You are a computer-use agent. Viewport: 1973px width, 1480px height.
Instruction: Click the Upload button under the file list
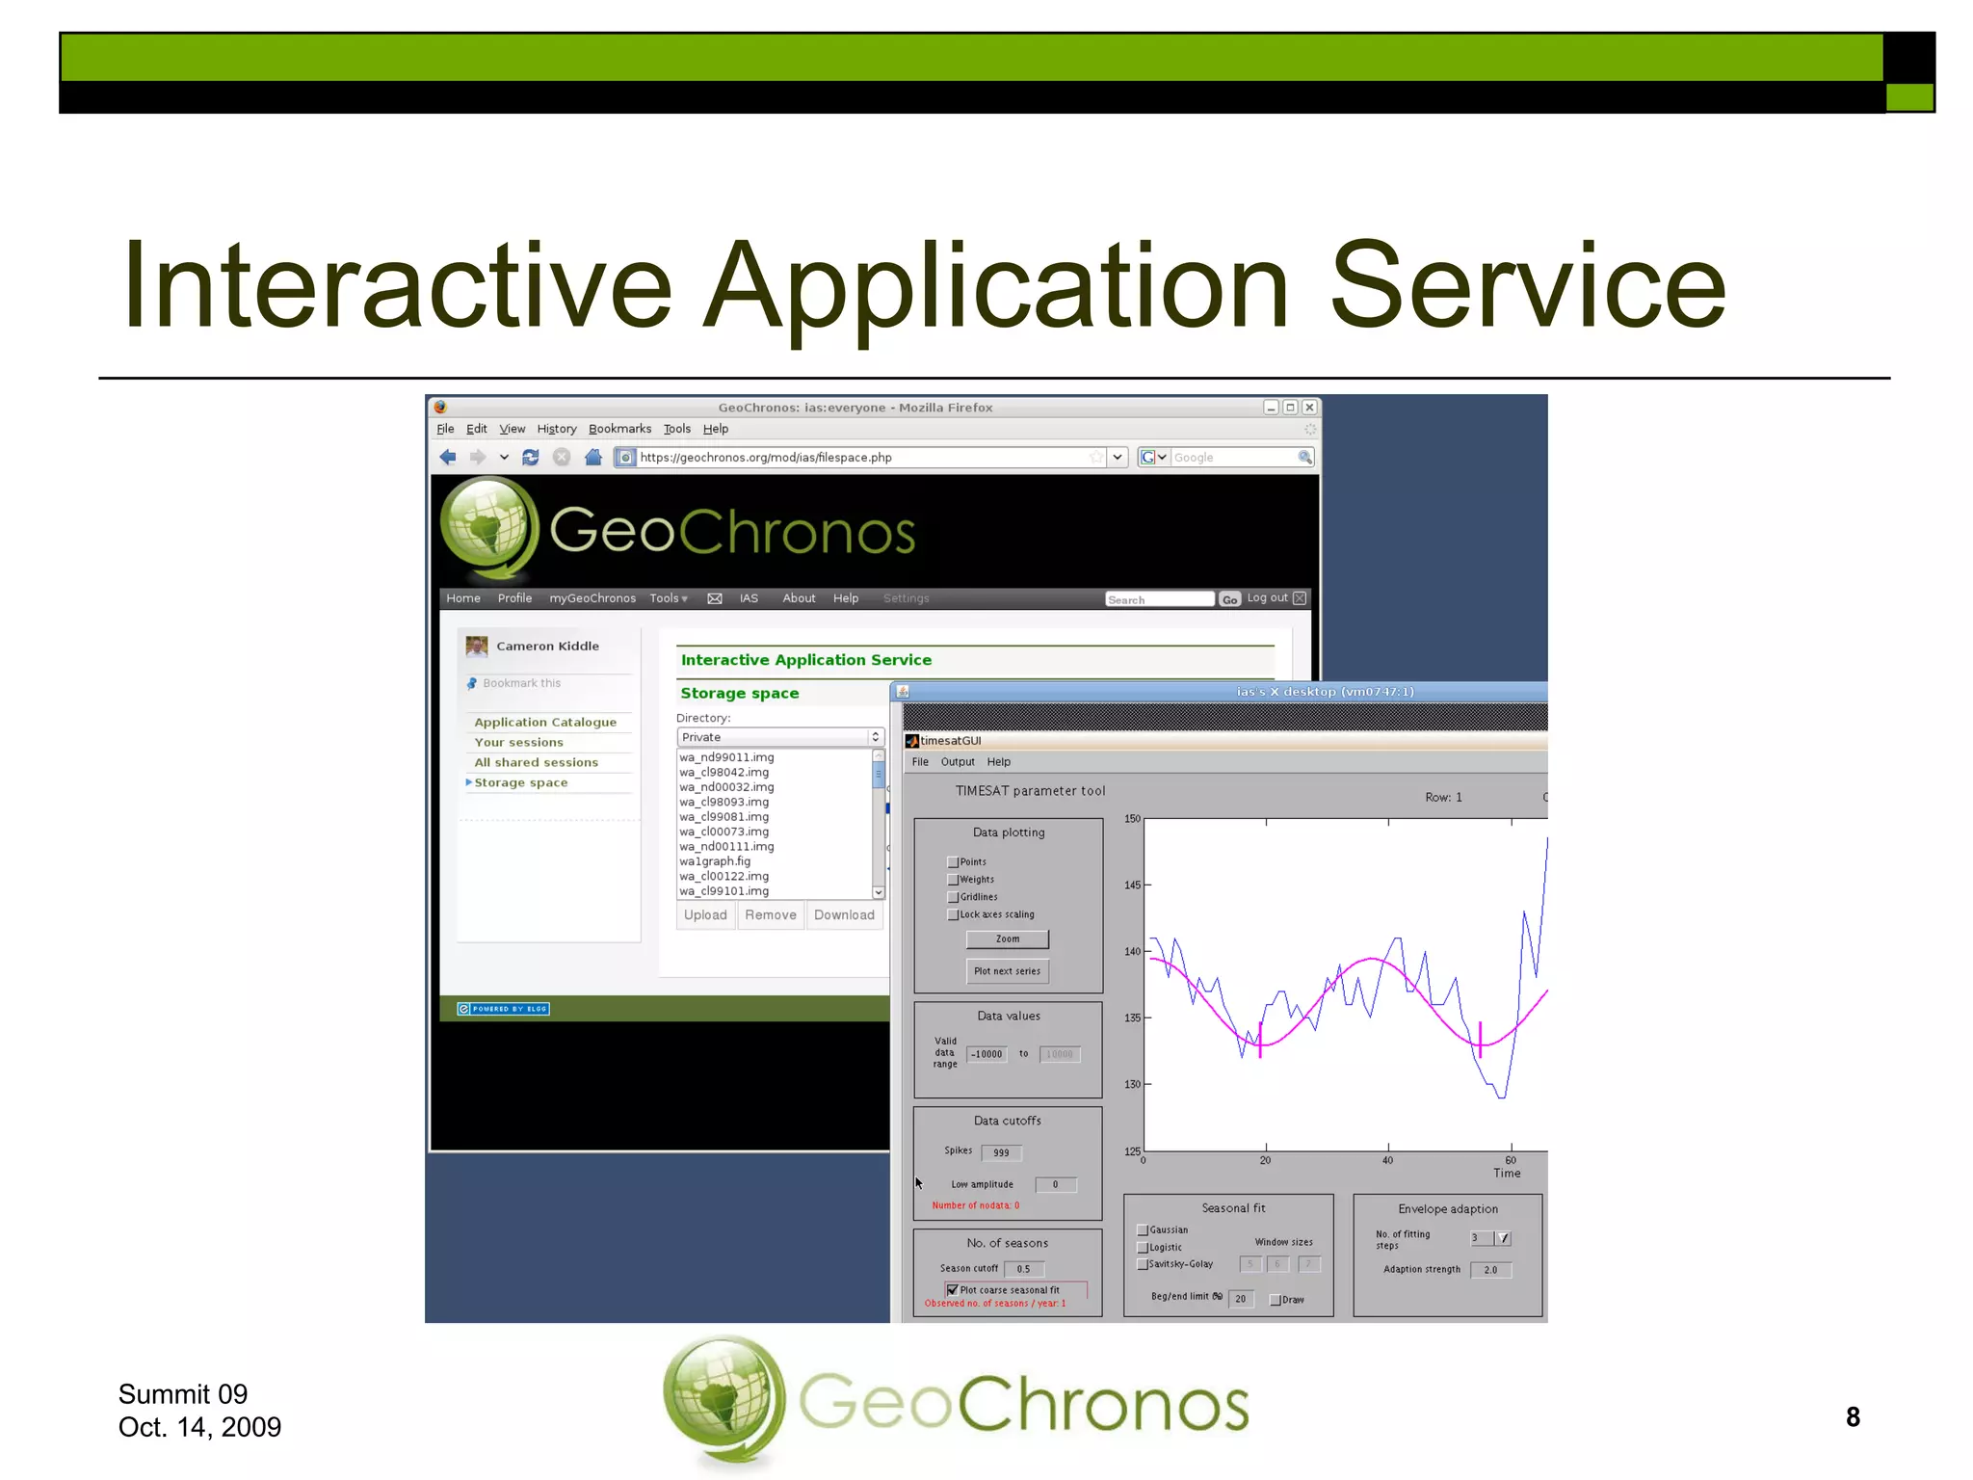click(x=705, y=914)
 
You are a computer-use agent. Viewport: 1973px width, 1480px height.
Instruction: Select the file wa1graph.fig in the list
click(x=715, y=861)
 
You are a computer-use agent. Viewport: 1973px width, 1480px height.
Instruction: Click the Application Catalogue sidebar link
click(x=545, y=722)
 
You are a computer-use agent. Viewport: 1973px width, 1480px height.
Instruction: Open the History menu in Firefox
click(x=556, y=429)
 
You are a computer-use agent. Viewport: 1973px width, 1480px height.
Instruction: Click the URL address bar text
click(x=766, y=458)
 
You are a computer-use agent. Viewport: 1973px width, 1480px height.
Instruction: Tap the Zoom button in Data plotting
click(x=1007, y=938)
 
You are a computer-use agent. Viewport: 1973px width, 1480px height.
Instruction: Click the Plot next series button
click(x=1007, y=971)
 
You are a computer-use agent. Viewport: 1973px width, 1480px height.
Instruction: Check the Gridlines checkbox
click(x=953, y=897)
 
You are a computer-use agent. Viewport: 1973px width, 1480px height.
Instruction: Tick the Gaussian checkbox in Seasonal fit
click(x=1143, y=1230)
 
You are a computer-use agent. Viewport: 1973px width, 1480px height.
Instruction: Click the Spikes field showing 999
click(x=1001, y=1152)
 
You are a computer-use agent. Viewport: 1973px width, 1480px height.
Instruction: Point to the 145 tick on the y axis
click(x=1133, y=885)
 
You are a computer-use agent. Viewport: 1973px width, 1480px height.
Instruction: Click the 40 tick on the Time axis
click(x=1387, y=1160)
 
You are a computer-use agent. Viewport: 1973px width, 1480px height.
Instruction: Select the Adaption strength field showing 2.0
click(x=1490, y=1270)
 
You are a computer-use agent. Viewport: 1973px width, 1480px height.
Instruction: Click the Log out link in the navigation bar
click(x=1267, y=598)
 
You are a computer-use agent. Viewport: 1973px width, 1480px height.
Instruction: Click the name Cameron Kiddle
click(x=547, y=647)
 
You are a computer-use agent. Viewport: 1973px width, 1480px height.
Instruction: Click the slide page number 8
click(x=1853, y=1416)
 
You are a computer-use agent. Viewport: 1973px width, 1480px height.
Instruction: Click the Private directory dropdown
click(x=779, y=737)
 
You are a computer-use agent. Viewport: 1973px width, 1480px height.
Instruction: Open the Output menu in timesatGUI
click(x=958, y=762)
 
